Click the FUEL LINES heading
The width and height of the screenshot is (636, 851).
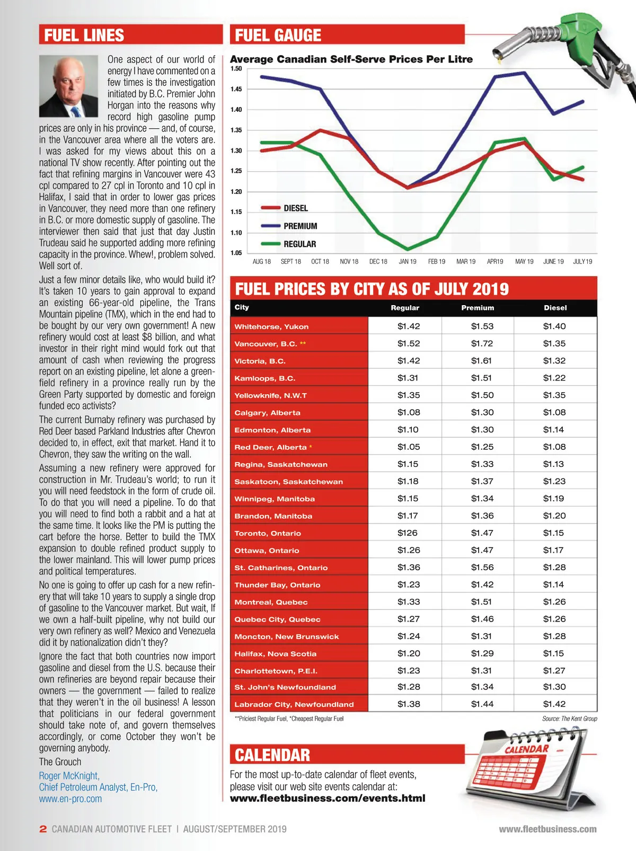(x=84, y=36)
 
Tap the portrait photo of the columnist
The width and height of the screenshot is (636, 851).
(x=68, y=86)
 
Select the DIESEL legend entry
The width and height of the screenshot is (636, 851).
(x=295, y=208)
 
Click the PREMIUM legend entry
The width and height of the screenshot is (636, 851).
(x=300, y=226)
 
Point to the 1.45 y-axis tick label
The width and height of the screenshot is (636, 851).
(x=236, y=89)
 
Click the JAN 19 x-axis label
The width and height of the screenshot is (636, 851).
(x=408, y=262)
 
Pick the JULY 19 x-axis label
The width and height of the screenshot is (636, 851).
(x=582, y=262)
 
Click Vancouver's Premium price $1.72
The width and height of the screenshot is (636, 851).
(x=482, y=343)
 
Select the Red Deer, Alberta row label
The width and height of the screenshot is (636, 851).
(x=271, y=447)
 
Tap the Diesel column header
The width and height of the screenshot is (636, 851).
(x=555, y=308)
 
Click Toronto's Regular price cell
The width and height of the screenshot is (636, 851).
(x=408, y=533)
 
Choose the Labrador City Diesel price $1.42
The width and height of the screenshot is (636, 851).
(x=554, y=704)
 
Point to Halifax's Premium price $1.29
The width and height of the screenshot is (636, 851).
(x=482, y=653)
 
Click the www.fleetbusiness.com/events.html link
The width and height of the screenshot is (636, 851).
(x=328, y=799)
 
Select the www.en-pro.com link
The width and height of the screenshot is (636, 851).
(x=70, y=799)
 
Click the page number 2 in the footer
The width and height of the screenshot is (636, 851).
(x=43, y=829)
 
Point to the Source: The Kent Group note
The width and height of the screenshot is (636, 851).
(x=569, y=719)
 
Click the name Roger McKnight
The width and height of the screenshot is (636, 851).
(x=69, y=776)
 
